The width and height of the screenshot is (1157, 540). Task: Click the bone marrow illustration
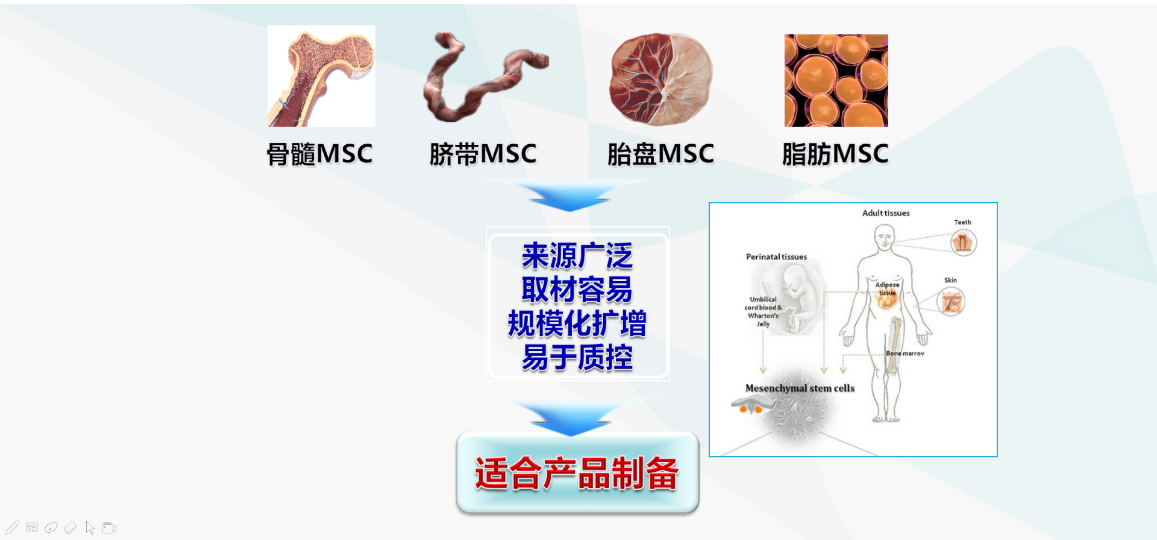tap(321, 76)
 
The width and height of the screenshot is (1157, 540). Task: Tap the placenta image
tap(661, 78)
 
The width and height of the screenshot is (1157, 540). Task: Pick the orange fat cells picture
tap(836, 80)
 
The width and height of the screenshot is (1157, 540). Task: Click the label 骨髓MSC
tap(320, 154)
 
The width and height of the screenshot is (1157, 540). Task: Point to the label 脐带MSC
tap(483, 154)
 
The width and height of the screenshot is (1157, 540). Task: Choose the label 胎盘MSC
tap(660, 154)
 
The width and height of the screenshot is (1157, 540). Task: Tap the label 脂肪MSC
tap(835, 154)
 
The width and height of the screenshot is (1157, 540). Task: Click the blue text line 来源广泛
tap(577, 256)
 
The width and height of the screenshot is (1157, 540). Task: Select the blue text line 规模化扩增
tap(577, 323)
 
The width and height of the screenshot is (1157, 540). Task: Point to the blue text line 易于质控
tap(577, 357)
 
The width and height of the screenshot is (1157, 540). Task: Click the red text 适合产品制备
tap(577, 473)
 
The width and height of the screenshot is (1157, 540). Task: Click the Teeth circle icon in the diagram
tap(964, 243)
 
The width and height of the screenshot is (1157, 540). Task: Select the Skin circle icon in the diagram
tap(952, 302)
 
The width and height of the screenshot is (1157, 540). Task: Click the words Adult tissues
tap(886, 213)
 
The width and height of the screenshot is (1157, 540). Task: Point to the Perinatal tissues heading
tap(776, 256)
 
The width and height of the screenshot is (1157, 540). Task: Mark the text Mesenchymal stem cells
tap(800, 388)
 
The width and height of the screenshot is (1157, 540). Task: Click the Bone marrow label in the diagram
tap(905, 354)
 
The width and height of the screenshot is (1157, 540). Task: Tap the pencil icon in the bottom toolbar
tap(13, 528)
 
